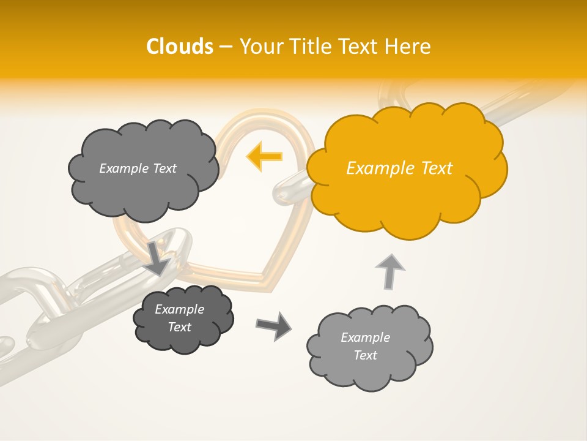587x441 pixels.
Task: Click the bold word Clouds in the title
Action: (179, 47)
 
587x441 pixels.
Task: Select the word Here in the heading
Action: (408, 47)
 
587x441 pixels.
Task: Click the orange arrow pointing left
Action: (265, 156)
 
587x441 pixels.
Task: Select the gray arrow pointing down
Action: (158, 258)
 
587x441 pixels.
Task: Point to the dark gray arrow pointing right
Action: (273, 325)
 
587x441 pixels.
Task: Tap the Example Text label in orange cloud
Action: (399, 168)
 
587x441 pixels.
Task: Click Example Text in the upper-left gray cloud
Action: (138, 168)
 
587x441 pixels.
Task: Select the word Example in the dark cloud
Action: (179, 309)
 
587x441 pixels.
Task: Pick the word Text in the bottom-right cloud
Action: (365, 355)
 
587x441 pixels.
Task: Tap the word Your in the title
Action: (260, 47)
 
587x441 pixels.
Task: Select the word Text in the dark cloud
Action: (179, 327)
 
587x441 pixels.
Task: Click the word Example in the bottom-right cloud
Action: (365, 337)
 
